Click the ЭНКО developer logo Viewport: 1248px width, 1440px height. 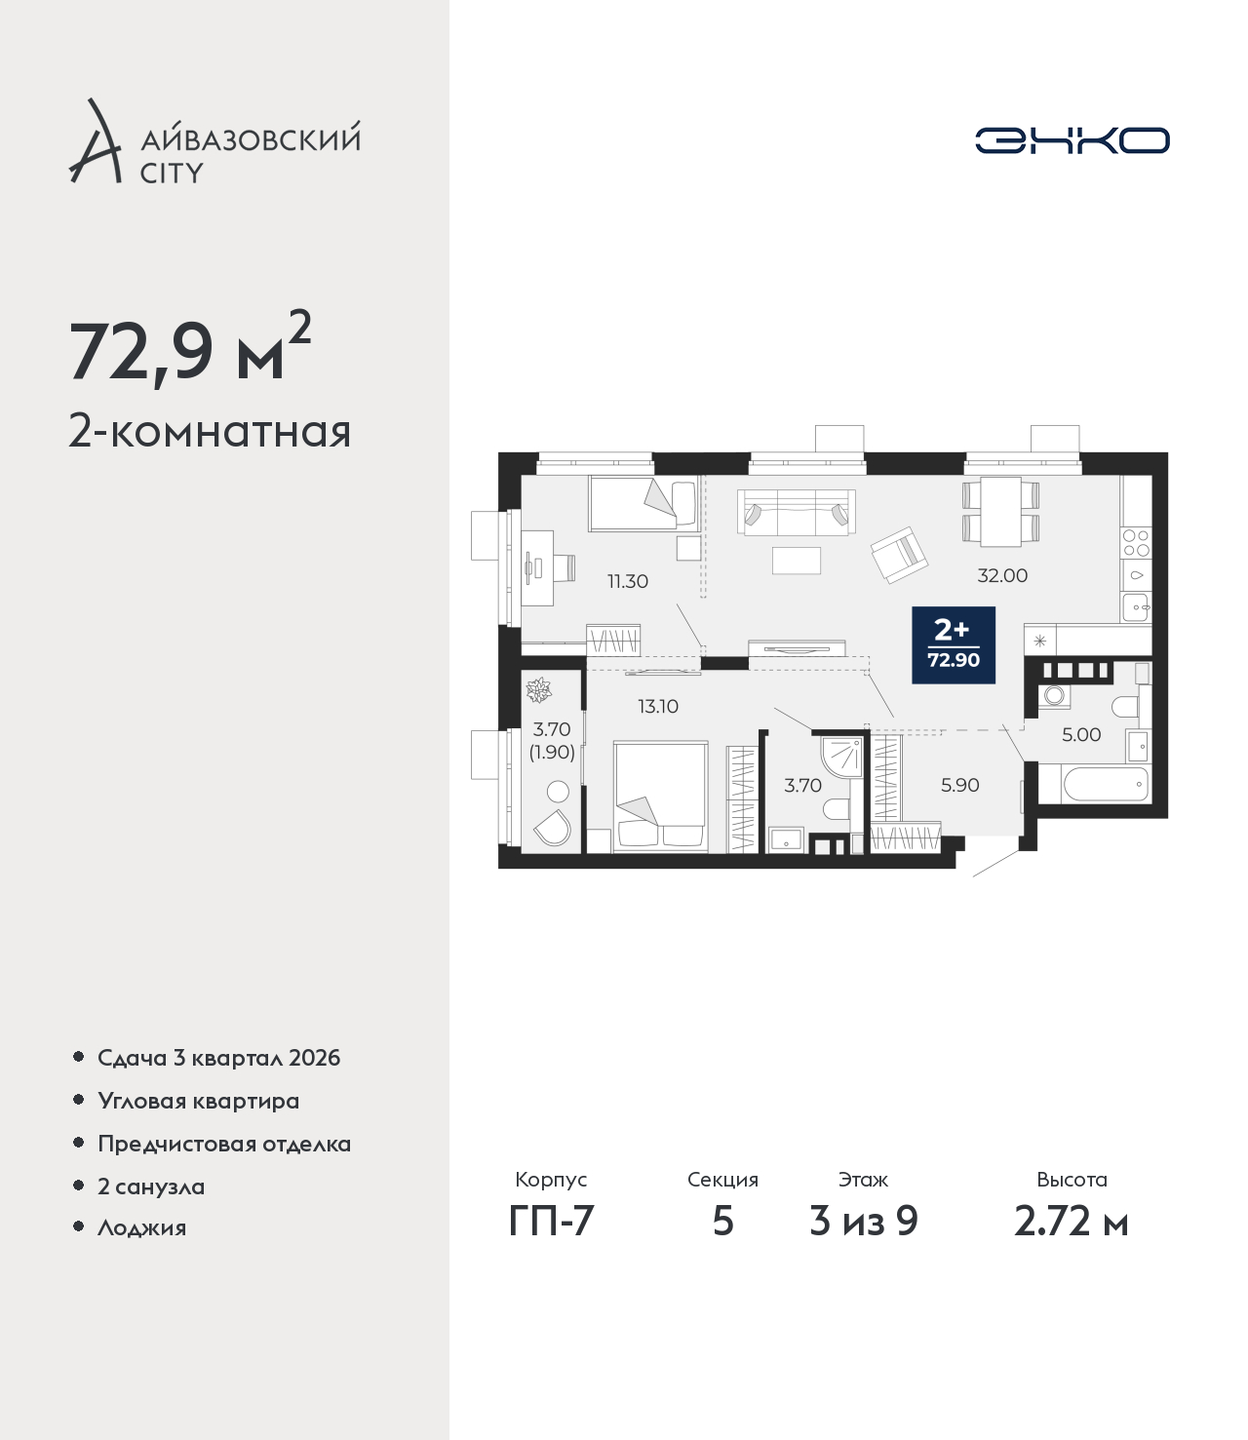tap(1072, 140)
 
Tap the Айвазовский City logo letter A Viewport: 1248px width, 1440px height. tap(96, 141)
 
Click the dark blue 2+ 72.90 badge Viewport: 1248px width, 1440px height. tap(954, 644)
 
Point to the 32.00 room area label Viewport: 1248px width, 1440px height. tap(1002, 575)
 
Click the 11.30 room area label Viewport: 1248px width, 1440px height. tap(627, 581)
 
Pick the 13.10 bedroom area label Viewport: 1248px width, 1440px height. tap(658, 707)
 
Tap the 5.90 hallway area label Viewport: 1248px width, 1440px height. tap(959, 785)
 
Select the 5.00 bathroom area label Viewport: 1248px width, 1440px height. tap(1080, 734)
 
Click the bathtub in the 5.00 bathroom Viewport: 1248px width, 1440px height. tap(1105, 785)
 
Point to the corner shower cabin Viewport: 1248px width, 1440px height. tap(841, 755)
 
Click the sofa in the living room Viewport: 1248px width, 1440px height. tap(797, 512)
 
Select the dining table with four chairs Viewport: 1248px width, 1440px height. tap(1000, 511)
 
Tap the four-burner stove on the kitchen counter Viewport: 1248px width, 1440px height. tap(1136, 543)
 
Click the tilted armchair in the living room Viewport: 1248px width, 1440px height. tap(899, 554)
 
